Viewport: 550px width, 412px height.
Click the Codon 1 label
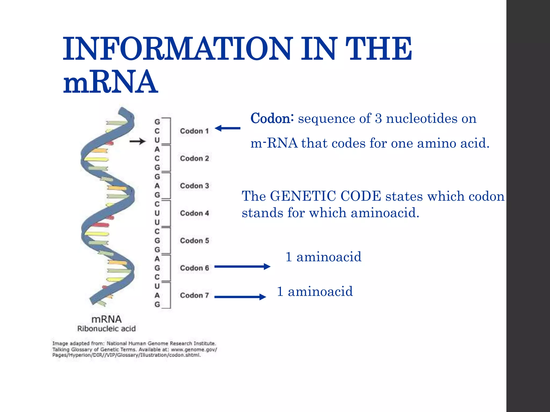pyautogui.click(x=194, y=131)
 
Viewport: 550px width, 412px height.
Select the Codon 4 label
pyautogui.click(x=194, y=213)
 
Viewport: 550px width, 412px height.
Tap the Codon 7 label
pyautogui.click(x=194, y=295)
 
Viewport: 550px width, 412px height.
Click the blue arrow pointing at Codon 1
pyautogui.click(x=228, y=128)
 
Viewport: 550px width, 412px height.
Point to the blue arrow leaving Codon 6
pyautogui.click(x=242, y=266)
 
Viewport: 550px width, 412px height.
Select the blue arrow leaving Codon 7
pyautogui.click(x=240, y=297)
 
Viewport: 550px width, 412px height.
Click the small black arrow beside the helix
pyautogui.click(x=137, y=141)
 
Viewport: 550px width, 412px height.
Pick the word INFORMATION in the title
pyautogui.click(x=177, y=49)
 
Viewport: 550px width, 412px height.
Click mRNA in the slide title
pyautogui.click(x=110, y=82)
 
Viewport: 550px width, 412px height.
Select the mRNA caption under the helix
pyautogui.click(x=107, y=319)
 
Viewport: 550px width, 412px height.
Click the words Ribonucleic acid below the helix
pyautogui.click(x=107, y=329)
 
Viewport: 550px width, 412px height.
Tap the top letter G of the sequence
pyautogui.click(x=157, y=122)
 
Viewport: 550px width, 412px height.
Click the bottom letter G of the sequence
pyautogui.click(x=157, y=304)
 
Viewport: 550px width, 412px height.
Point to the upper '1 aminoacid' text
pyautogui.click(x=323, y=257)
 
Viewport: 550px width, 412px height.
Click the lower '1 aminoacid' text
pyautogui.click(x=315, y=292)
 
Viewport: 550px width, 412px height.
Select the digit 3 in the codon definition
pyautogui.click(x=378, y=119)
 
